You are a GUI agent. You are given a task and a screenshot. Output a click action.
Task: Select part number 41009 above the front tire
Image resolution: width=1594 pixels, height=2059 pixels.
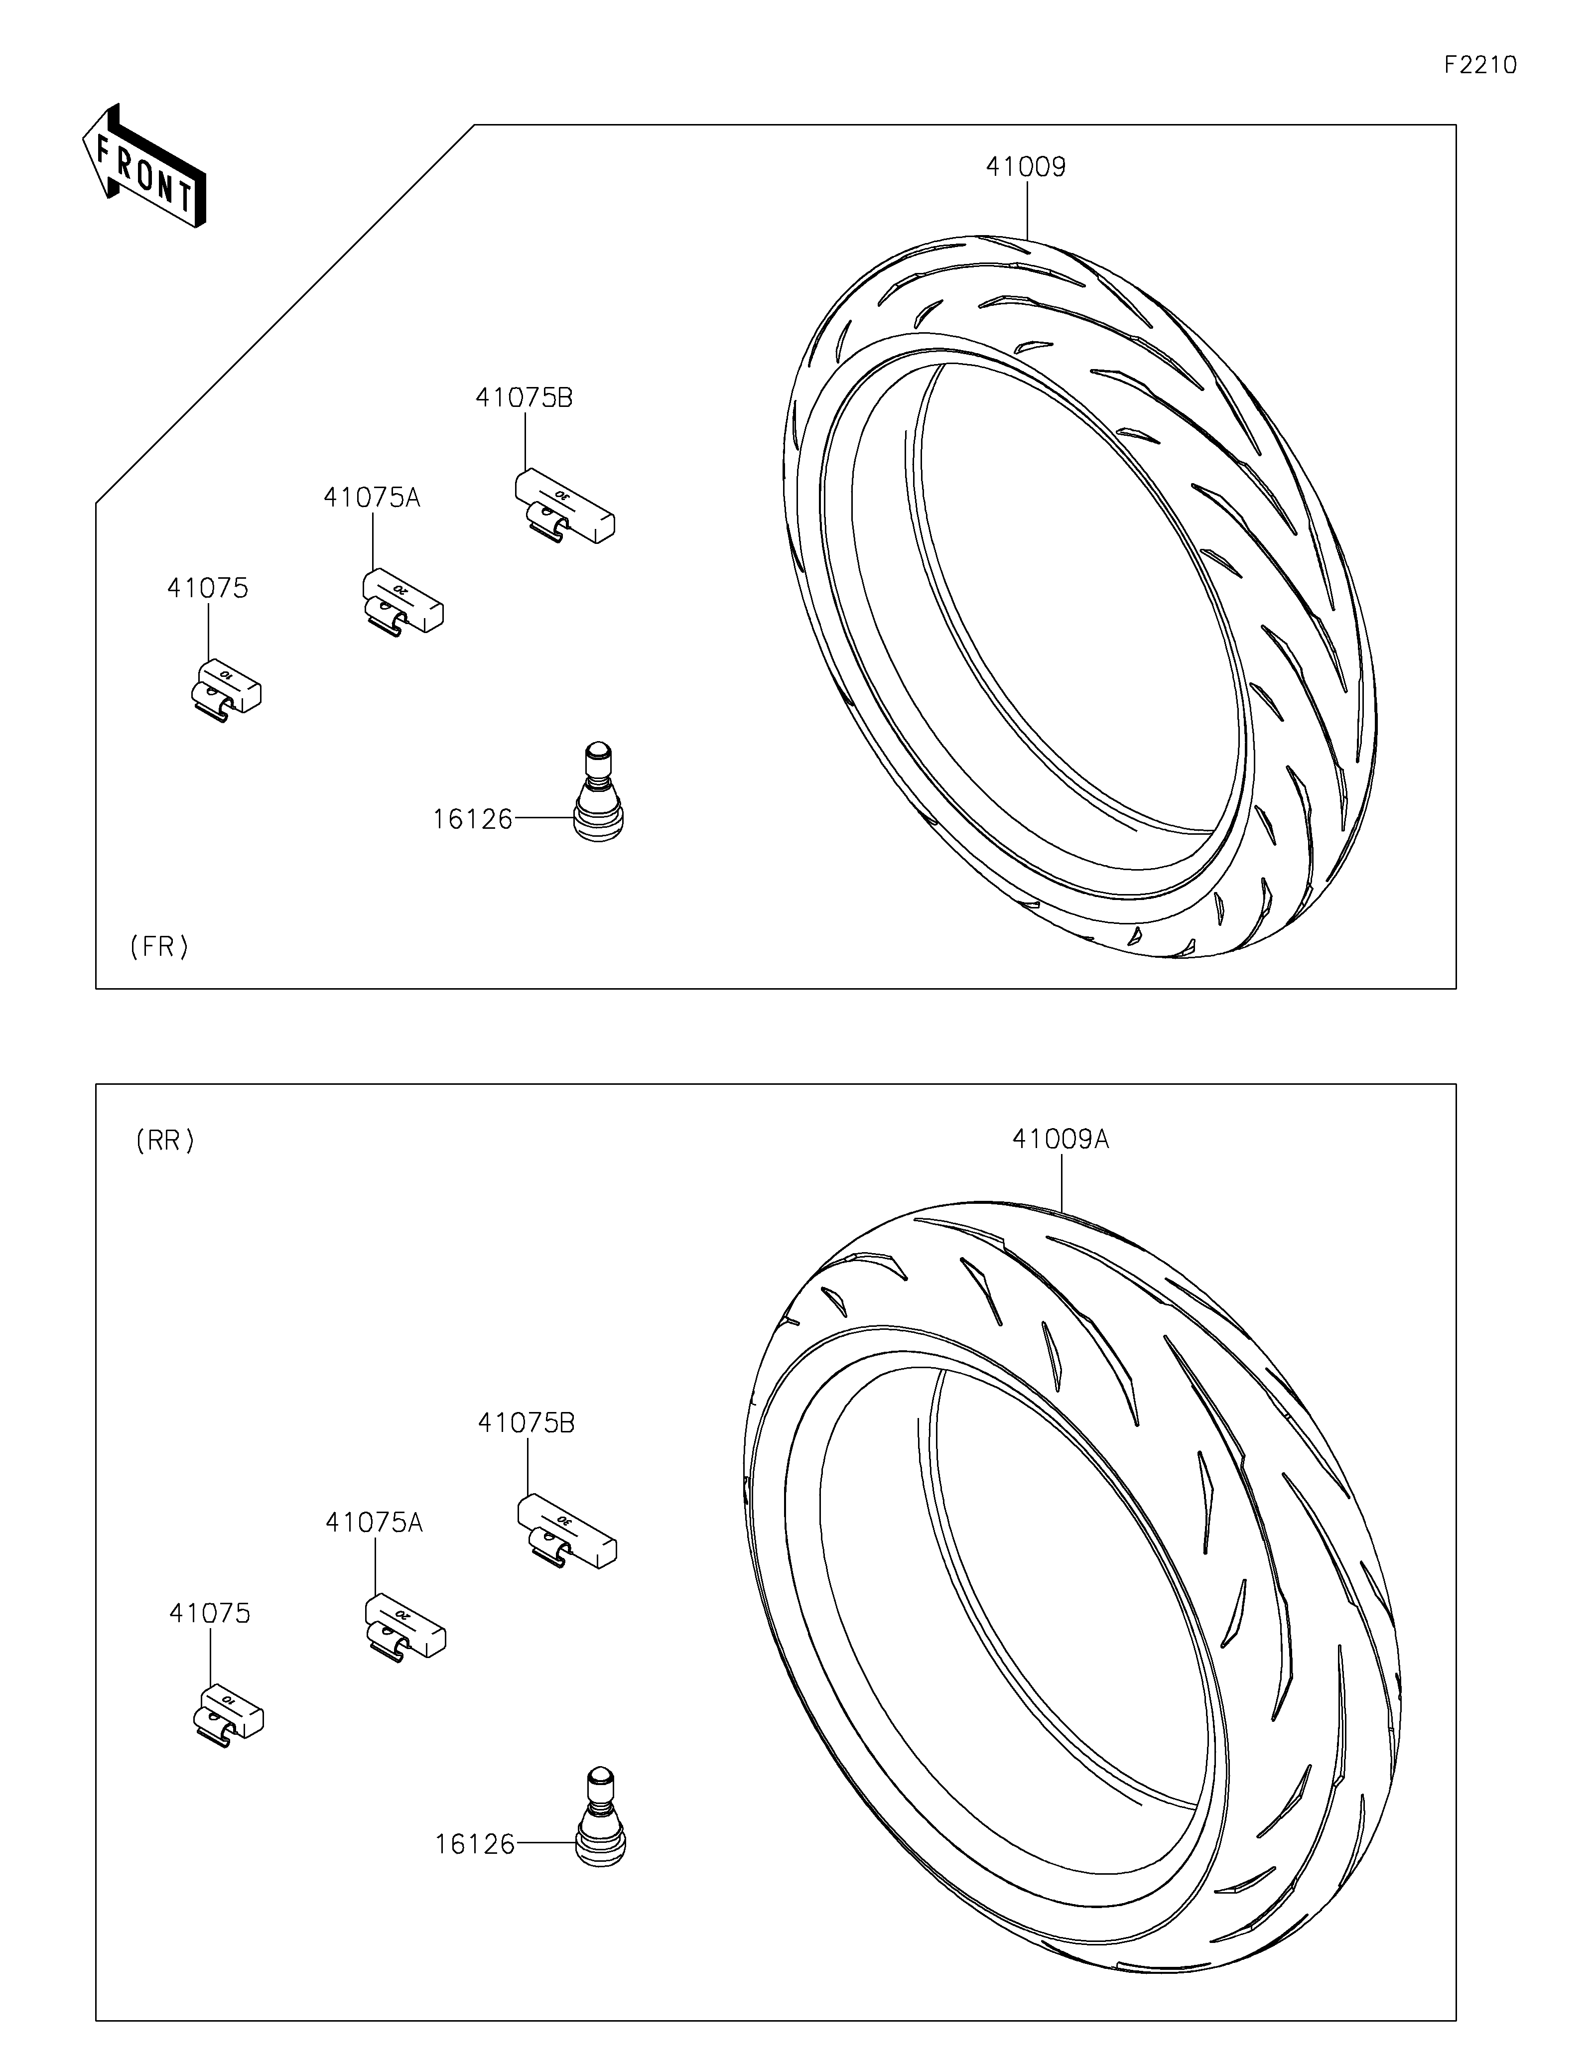pos(1026,167)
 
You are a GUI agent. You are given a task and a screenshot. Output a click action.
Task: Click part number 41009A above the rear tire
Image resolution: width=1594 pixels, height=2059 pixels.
pos(1061,1140)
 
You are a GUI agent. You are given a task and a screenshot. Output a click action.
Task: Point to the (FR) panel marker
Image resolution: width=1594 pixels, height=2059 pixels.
pos(159,946)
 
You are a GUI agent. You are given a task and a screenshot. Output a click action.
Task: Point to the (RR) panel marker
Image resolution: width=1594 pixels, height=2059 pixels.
pos(165,1141)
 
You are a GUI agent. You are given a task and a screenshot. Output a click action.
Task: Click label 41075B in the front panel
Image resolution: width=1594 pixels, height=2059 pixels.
pos(524,398)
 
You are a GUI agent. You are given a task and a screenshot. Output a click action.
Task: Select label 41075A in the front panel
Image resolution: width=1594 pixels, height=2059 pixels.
pos(372,498)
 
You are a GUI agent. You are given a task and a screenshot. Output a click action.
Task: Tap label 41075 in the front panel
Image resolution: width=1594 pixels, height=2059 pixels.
pos(207,588)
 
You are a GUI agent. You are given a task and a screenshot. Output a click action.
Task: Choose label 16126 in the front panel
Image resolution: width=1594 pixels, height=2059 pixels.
pos(472,819)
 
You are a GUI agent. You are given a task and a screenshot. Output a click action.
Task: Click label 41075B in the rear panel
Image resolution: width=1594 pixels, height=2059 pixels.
pos(526,1423)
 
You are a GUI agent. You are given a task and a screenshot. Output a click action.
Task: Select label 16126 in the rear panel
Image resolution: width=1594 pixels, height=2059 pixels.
pos(474,1844)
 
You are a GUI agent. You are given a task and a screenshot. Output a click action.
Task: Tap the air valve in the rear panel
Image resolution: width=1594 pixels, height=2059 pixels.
pos(600,1817)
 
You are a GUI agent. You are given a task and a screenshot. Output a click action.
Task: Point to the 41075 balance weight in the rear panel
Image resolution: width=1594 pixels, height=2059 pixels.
pos(227,1713)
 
